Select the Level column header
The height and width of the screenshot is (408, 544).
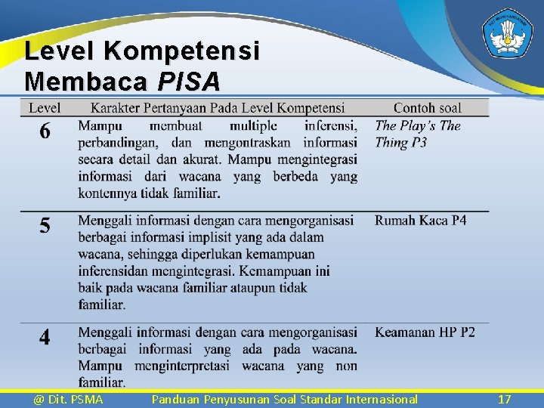coord(45,108)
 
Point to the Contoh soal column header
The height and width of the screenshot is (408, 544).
coord(427,108)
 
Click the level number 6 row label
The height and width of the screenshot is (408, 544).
coord(45,132)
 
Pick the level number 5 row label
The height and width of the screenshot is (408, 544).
coord(45,225)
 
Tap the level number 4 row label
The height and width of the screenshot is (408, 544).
coord(45,337)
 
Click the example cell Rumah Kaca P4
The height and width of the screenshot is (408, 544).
coord(420,221)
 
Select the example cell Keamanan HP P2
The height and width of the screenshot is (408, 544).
coord(425,332)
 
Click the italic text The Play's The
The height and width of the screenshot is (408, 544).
coord(417,125)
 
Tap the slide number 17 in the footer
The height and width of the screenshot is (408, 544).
coord(505,399)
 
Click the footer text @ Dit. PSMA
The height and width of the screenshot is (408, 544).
coord(68,399)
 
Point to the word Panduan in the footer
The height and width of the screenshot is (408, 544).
coord(175,399)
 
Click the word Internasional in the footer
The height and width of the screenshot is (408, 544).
coord(380,399)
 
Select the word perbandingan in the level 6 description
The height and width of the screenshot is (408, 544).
coord(117,142)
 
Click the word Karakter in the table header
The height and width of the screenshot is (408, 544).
coord(115,108)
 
